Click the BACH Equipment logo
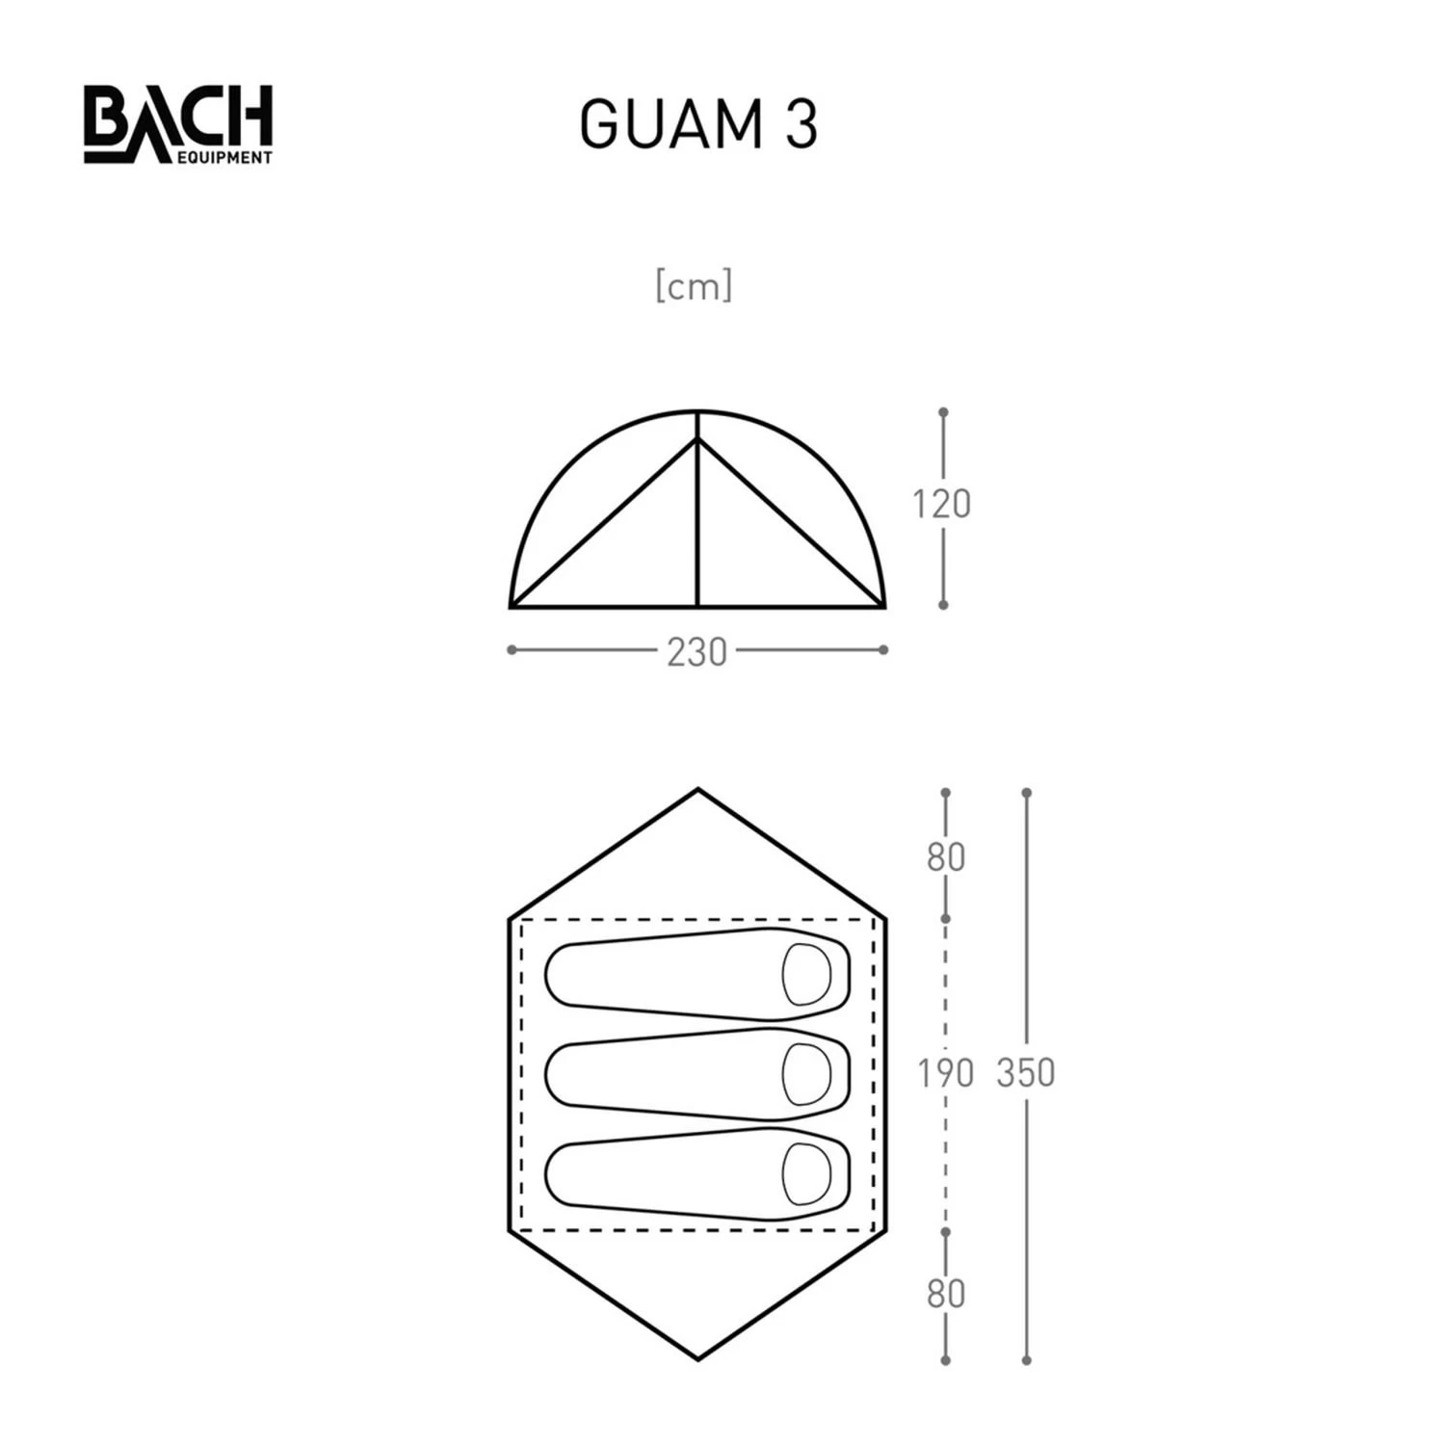coord(178,125)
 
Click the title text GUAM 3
coord(698,125)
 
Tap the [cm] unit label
coord(694,286)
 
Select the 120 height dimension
coord(942,504)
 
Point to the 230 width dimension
coord(696,652)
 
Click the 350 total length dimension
coord(1026,1072)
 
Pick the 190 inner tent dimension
coord(945,1072)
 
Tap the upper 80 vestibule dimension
coord(945,856)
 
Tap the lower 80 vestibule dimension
coord(945,1294)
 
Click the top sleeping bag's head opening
coord(806,974)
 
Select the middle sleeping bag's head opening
coord(806,1074)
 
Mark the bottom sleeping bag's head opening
coord(806,1174)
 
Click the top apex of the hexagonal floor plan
coord(698,791)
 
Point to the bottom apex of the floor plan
coord(698,1358)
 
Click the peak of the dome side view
coord(697,412)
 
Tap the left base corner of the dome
coord(512,607)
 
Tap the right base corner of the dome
coord(883,607)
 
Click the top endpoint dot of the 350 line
coord(1027,793)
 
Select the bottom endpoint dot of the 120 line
coord(943,605)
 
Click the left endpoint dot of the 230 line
coord(512,650)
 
